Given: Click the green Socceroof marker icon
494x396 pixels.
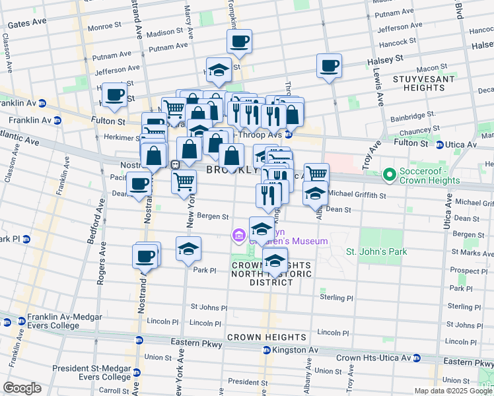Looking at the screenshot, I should point(390,175).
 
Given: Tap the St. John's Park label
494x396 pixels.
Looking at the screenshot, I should point(376,251).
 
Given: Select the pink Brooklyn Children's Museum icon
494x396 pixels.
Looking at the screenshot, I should point(238,235).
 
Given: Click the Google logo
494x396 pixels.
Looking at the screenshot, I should point(22,388).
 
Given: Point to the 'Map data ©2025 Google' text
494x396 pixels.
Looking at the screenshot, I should point(452,391).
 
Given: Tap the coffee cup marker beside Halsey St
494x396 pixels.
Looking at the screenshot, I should point(329,65).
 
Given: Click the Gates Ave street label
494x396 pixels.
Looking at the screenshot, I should point(26,23).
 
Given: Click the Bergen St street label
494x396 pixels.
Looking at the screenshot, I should point(215,216).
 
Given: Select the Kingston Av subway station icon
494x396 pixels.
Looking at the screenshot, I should point(266,350).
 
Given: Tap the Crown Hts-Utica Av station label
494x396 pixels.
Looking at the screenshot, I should point(372,358).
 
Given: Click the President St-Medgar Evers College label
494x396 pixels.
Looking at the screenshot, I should point(91,373).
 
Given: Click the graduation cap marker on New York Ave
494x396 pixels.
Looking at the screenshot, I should point(189,248).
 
